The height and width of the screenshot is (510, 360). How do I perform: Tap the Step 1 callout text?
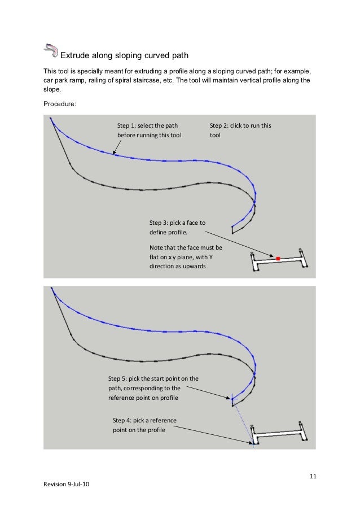[x=149, y=130]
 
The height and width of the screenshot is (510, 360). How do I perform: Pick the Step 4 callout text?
[x=144, y=426]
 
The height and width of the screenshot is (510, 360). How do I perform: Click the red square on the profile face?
[x=278, y=258]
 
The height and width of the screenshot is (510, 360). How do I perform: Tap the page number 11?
[x=313, y=480]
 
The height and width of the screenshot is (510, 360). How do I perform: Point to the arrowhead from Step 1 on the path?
[x=114, y=154]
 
